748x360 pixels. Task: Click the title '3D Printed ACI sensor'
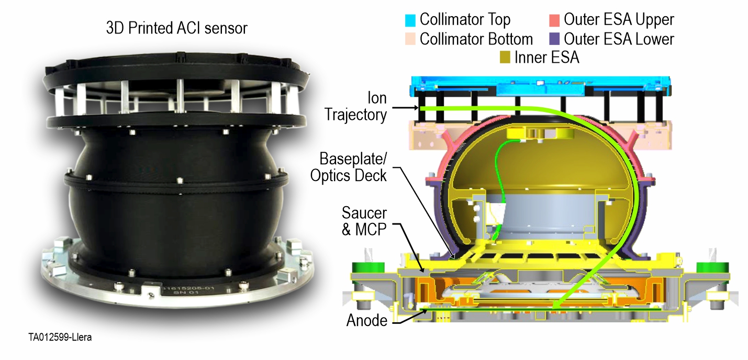tap(176, 28)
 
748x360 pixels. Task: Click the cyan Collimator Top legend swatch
tap(410, 20)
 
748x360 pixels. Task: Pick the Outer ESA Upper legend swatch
tap(554, 20)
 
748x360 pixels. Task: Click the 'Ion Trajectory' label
tap(356, 105)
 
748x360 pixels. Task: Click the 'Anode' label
tap(366, 320)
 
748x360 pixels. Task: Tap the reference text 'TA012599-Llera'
tap(60, 337)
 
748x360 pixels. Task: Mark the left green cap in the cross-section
tap(369, 267)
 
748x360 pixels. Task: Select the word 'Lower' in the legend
tap(650, 39)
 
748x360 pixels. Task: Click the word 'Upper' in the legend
tap(650, 20)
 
